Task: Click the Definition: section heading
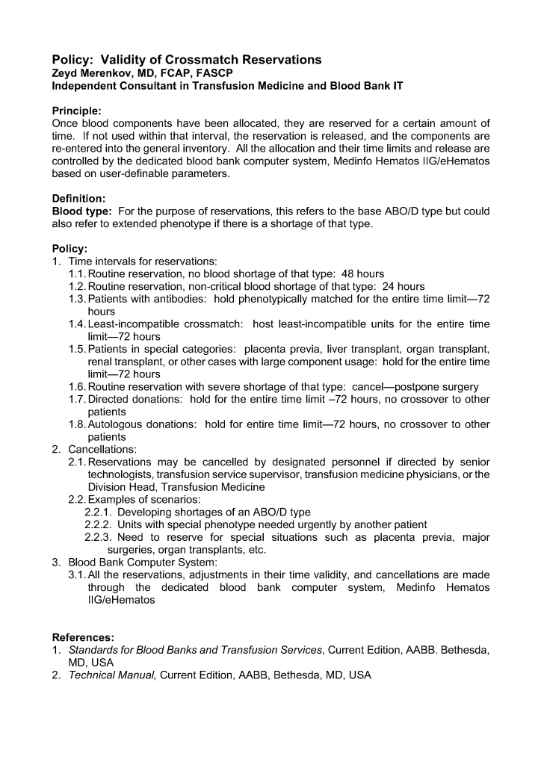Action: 78,199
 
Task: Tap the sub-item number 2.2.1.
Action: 98,512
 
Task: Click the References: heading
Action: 82,637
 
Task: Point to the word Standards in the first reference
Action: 93,650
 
